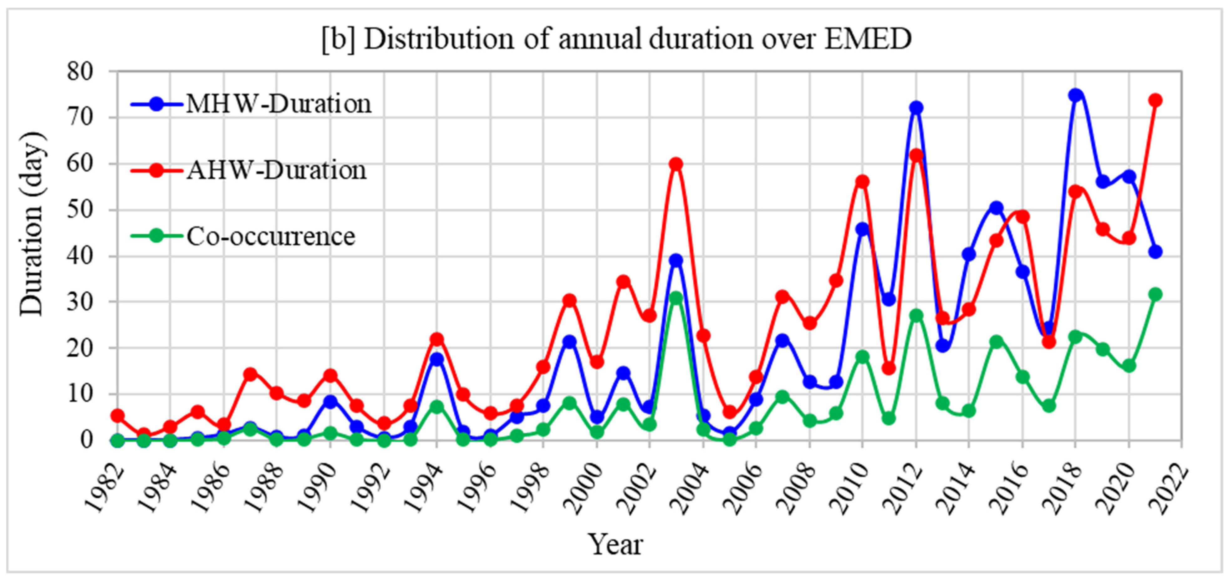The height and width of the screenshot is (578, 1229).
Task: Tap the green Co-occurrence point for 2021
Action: point(1155,294)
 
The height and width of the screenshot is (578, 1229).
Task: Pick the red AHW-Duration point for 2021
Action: point(1155,100)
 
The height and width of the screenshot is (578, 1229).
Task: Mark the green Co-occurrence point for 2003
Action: point(676,298)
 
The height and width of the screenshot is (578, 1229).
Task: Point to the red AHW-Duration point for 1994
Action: point(436,340)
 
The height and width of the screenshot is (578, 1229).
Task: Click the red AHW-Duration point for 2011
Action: point(888,368)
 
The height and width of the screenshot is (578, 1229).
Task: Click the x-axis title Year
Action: point(615,545)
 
